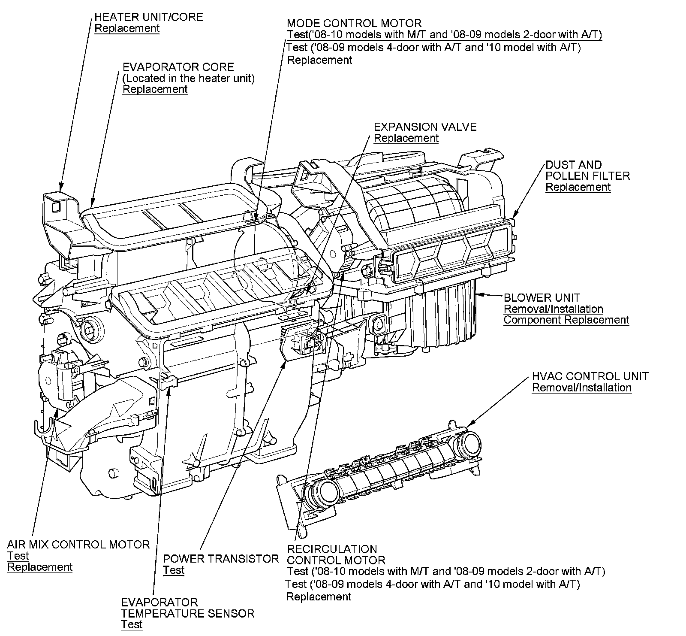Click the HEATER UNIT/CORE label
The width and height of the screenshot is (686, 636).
click(x=148, y=18)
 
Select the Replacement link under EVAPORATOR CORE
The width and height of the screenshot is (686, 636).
click(x=155, y=89)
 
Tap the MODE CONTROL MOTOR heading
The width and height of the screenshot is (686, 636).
click(x=354, y=23)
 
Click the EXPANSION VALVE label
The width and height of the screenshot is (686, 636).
click(x=425, y=127)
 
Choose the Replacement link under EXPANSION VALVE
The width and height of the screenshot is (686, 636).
click(x=406, y=138)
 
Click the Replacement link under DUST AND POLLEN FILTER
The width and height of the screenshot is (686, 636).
click(x=578, y=187)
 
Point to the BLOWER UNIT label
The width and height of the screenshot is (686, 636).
click(x=542, y=297)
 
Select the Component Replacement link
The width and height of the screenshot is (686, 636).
click(x=566, y=320)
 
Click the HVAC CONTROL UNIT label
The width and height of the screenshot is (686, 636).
click(x=590, y=376)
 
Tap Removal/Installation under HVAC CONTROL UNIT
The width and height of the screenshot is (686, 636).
click(x=581, y=388)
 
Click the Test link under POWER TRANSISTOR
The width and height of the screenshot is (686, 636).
click(x=173, y=570)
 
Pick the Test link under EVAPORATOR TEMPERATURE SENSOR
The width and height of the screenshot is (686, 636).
click(x=131, y=624)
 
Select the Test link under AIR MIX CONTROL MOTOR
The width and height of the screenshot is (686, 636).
click(x=18, y=556)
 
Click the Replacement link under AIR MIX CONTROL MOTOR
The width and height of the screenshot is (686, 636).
click(x=40, y=567)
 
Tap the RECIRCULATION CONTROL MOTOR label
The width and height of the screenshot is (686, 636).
click(x=336, y=554)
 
